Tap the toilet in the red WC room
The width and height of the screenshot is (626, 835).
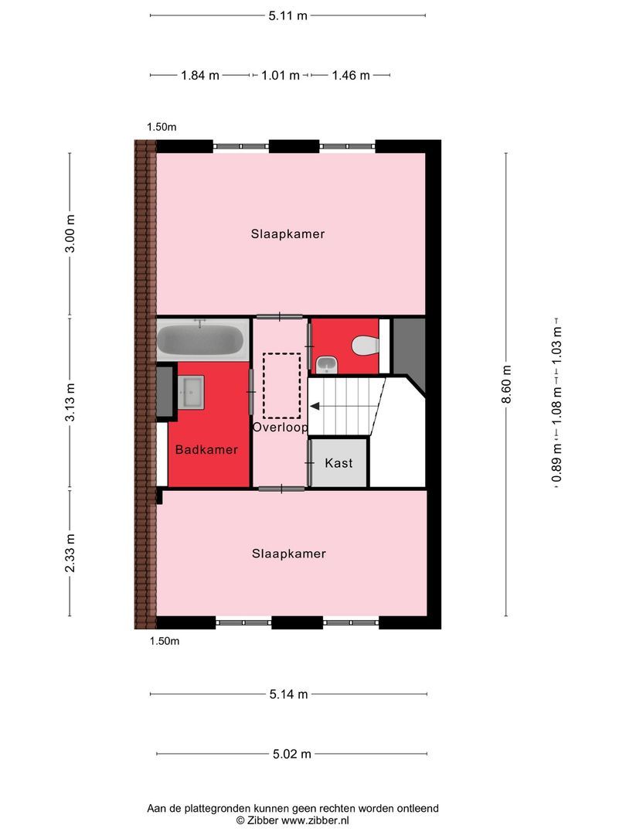(x=365, y=345)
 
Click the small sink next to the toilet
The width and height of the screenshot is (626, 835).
(x=325, y=363)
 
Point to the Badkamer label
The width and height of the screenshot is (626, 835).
(x=206, y=449)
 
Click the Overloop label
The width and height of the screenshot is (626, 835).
(x=280, y=427)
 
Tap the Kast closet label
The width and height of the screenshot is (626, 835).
(x=339, y=463)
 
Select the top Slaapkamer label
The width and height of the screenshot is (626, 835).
(x=287, y=233)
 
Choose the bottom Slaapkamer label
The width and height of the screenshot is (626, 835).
(x=288, y=554)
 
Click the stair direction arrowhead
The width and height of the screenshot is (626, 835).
(x=315, y=404)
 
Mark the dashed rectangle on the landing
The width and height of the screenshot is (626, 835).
(x=281, y=385)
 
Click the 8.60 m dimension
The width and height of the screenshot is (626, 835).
(x=506, y=384)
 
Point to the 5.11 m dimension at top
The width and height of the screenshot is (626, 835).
(x=287, y=15)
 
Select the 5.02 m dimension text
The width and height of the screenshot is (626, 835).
(x=291, y=754)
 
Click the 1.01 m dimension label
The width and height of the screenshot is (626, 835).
(x=280, y=75)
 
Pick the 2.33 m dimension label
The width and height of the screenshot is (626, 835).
(x=70, y=553)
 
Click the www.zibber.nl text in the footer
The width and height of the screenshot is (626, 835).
(x=315, y=820)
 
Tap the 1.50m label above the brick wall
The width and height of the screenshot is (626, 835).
(x=162, y=127)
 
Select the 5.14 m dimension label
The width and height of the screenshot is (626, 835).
(x=288, y=694)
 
